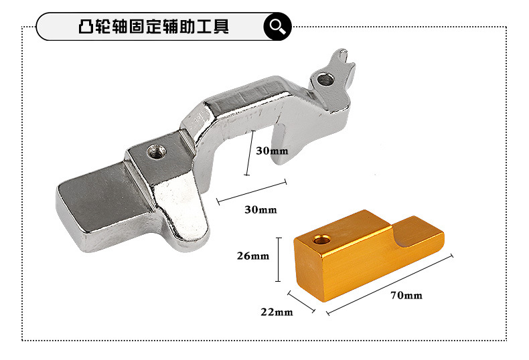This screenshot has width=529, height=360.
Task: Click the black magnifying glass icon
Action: pos(277,27)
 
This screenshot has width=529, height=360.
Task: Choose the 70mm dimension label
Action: pos(407,295)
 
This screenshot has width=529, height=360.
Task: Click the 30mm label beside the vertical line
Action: pos(272,151)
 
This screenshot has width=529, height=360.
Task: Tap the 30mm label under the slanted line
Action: pos(260,209)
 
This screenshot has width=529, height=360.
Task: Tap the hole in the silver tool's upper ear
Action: pos(326,80)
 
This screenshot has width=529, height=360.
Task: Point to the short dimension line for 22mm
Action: pos(301,301)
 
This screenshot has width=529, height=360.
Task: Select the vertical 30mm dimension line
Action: pos(248,154)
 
